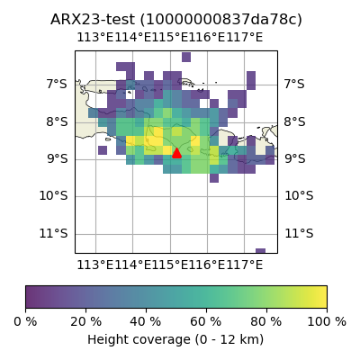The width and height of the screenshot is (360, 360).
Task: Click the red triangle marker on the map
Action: (176, 153)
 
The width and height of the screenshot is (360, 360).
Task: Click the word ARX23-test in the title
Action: (93, 20)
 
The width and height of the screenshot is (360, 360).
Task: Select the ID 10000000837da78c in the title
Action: (221, 20)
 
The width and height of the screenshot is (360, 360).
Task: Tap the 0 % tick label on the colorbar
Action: (25, 322)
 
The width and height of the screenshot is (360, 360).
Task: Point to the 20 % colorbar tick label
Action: (86, 322)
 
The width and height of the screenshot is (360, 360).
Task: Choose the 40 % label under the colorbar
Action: (146, 322)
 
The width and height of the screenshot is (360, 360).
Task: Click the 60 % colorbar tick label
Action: (206, 322)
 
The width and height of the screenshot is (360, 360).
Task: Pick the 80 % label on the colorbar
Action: (266, 322)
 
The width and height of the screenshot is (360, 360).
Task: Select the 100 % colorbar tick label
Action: (327, 322)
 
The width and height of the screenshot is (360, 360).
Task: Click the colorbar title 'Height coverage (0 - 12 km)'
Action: (175, 340)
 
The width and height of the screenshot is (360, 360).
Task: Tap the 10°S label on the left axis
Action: (54, 196)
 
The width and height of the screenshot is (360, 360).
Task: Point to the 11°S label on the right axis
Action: (299, 233)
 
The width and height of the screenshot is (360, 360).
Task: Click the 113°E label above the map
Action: (95, 38)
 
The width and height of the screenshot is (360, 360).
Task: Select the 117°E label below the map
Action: (245, 265)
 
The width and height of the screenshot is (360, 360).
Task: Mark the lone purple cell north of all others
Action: (186, 57)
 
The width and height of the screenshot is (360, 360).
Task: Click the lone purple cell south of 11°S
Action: (260, 251)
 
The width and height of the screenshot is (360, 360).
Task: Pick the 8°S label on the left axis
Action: (57, 122)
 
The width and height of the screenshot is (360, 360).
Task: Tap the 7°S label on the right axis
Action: (294, 84)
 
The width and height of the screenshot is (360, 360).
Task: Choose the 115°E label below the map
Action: (170, 265)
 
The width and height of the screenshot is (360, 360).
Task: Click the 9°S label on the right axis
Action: (295, 158)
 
